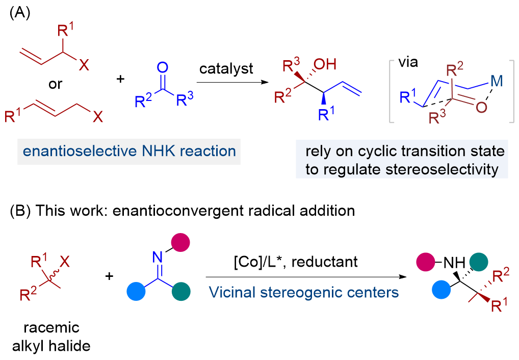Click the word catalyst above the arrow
coord(226,69)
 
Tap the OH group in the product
coord(325,64)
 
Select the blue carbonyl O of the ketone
coord(162,67)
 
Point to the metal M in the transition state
coord(497,81)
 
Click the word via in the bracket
coord(408,62)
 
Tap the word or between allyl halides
coord(55,84)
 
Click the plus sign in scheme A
coord(120,79)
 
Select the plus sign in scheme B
coord(109,276)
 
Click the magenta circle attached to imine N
coord(180,243)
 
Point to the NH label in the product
coord(454,263)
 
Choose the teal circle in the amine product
coord(479,262)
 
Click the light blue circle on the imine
coord(136,292)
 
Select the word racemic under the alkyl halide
coord(51,328)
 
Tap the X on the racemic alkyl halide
coord(65,262)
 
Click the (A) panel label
coord(20,13)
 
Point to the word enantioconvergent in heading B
coord(177,211)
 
